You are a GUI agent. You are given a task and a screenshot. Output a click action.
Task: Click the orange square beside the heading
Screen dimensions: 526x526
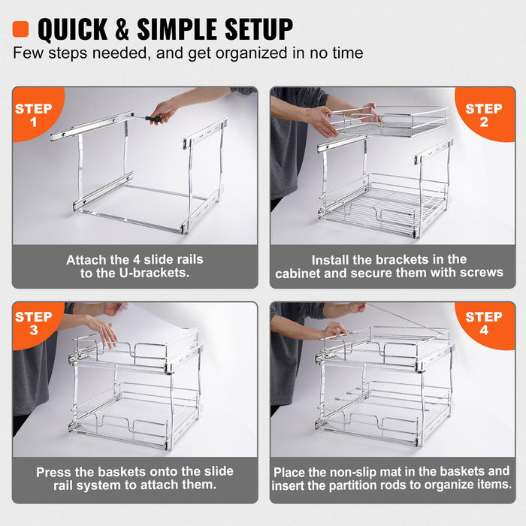click(20, 29)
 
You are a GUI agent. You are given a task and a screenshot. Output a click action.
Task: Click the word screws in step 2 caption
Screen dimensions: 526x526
click(478, 272)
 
